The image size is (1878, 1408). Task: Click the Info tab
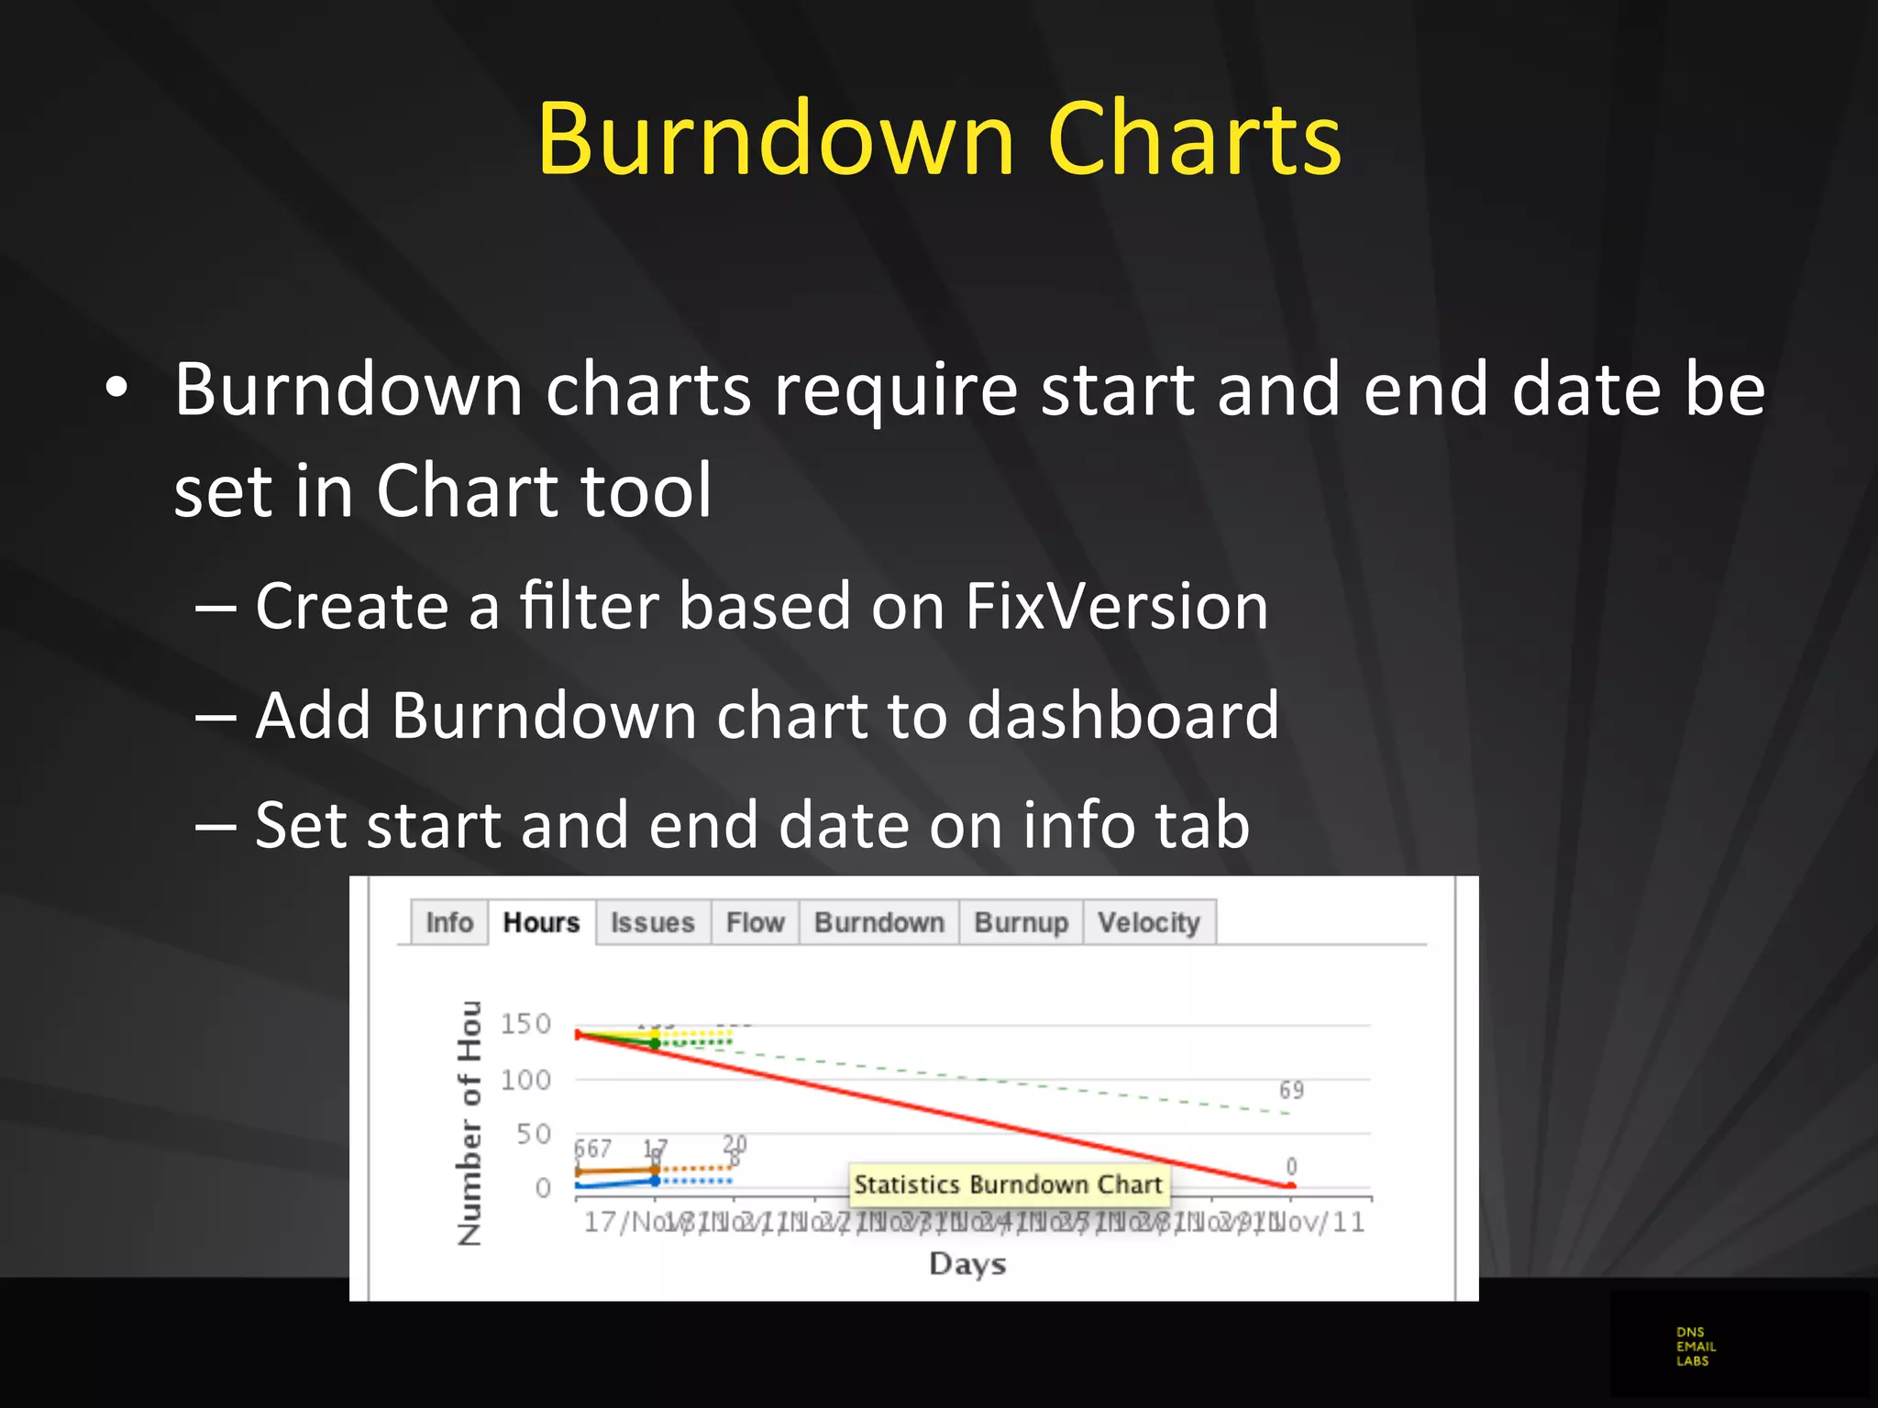449,922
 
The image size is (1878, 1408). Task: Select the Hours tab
541,922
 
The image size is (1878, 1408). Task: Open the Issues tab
652,922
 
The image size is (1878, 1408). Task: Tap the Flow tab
755,922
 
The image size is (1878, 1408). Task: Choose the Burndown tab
878,922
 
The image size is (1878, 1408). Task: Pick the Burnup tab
1021,922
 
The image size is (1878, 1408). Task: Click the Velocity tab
1148,922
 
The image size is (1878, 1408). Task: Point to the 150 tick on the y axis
525,1024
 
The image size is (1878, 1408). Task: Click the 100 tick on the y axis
525,1080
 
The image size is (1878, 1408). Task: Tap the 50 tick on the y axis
533,1135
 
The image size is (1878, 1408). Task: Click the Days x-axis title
967,1264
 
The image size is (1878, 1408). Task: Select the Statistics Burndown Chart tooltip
1008,1184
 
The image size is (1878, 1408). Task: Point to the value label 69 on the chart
1291,1090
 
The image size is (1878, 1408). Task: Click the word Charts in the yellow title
1194,138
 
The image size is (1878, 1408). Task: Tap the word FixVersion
1116,607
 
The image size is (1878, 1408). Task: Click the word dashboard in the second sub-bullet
1122,715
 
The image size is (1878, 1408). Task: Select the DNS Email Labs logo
1695,1347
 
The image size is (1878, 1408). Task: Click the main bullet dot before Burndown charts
116,389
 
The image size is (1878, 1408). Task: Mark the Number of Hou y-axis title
469,1123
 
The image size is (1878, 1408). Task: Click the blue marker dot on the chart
655,1181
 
